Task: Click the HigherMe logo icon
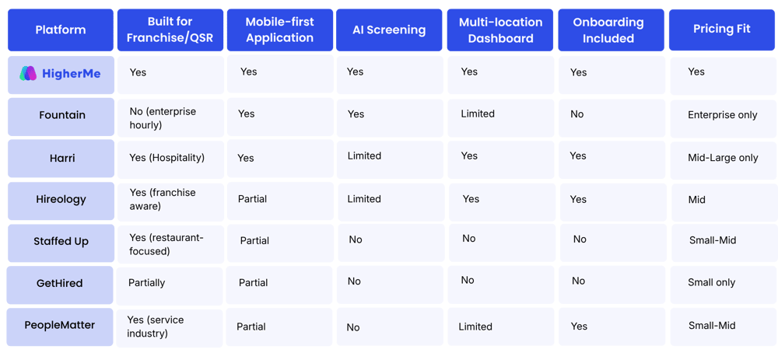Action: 28,73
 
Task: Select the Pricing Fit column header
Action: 721,30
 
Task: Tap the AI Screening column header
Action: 389,30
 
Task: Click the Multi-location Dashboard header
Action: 500,30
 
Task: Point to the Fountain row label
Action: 62,115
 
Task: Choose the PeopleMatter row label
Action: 60,326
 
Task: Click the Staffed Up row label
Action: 61,242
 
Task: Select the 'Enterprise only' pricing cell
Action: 723,115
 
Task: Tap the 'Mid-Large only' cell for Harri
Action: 723,158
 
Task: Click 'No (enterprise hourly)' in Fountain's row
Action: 163,118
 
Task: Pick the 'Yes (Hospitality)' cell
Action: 166,158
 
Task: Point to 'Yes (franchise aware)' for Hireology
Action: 163,199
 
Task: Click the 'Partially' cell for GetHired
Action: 147,283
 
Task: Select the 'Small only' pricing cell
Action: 712,283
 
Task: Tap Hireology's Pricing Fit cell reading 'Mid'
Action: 696,200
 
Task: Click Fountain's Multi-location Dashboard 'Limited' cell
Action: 478,114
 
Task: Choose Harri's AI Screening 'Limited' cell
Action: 364,156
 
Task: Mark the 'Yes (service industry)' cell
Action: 156,327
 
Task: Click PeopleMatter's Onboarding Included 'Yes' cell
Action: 579,327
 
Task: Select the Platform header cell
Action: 61,30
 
